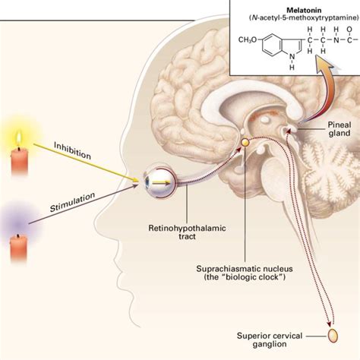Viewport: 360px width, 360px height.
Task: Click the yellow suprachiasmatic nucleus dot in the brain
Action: point(245,142)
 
